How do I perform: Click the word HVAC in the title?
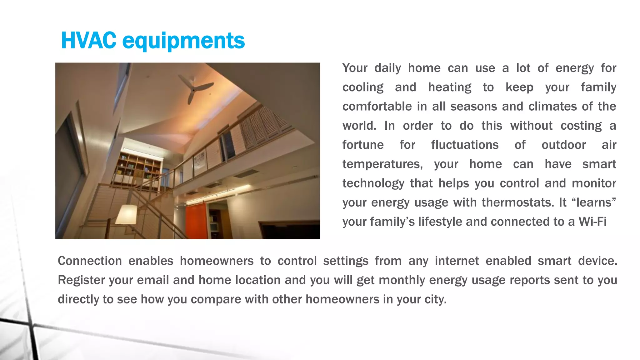pyautogui.click(x=88, y=41)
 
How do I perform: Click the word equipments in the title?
pyautogui.click(x=183, y=41)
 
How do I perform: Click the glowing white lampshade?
pyautogui.click(x=126, y=214)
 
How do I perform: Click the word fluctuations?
pyautogui.click(x=465, y=145)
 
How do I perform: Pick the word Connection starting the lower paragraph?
pyautogui.click(x=90, y=261)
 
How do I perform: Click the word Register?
pyautogui.click(x=81, y=280)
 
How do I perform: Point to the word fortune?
pyautogui.click(x=363, y=145)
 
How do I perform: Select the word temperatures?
pyautogui.click(x=382, y=164)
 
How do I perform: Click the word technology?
pyautogui.click(x=373, y=183)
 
